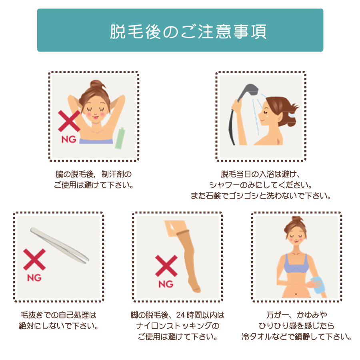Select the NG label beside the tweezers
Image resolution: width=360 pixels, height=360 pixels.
click(x=34, y=277)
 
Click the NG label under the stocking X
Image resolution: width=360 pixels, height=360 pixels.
click(x=166, y=284)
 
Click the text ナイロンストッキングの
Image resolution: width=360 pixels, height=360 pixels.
click(x=178, y=325)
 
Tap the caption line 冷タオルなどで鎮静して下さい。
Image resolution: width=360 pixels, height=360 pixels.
click(x=296, y=336)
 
